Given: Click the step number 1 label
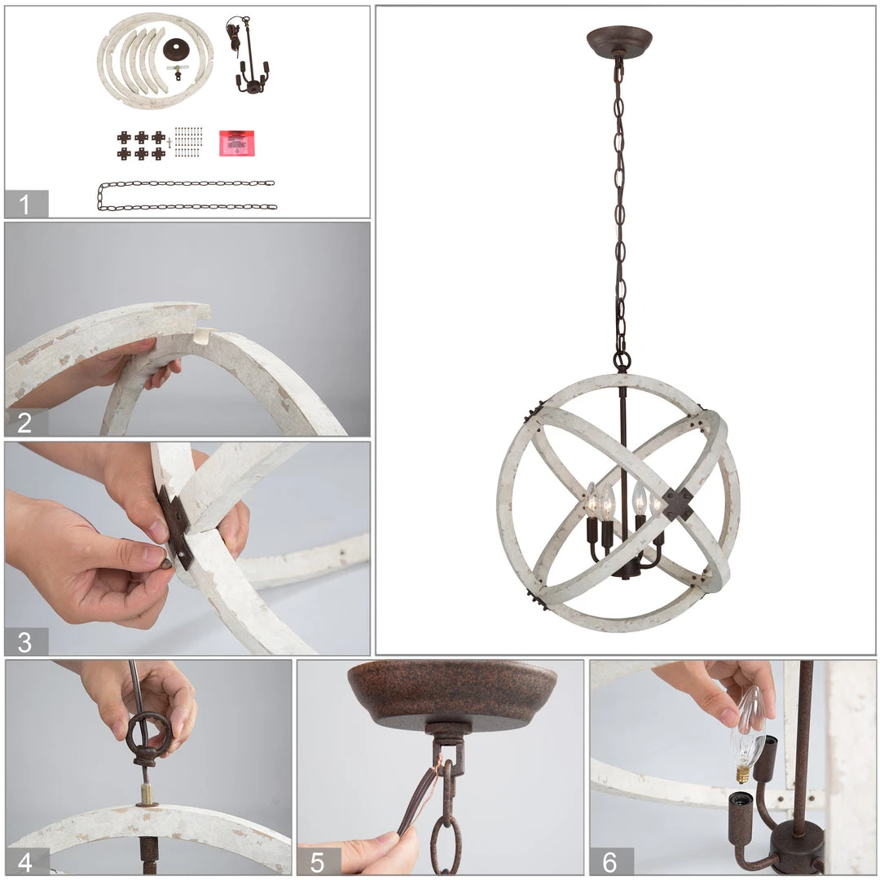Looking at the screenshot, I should click(25, 205).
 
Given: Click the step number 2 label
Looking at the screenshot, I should click(25, 422).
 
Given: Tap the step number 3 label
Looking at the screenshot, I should click(25, 641).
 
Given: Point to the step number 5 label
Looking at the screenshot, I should click(319, 861).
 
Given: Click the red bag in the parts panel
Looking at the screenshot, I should click(236, 143).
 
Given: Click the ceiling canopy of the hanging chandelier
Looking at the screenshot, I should click(619, 41).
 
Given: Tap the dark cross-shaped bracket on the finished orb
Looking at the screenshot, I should click(678, 504).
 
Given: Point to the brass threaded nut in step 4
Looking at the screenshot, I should click(147, 792).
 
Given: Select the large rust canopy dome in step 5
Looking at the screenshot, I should click(452, 693).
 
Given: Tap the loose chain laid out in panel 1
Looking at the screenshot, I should click(187, 196).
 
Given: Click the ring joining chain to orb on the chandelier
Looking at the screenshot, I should click(622, 360).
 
